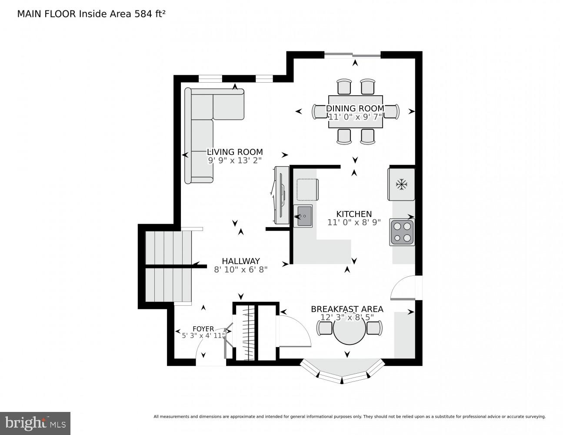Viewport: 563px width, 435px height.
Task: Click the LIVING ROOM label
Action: pyautogui.click(x=235, y=152)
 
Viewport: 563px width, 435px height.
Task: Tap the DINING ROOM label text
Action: pyautogui.click(x=355, y=108)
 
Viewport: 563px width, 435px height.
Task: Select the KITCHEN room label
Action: pyautogui.click(x=354, y=214)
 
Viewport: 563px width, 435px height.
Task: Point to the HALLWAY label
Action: pyautogui.click(x=240, y=261)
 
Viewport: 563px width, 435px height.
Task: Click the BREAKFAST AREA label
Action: pyautogui.click(x=347, y=309)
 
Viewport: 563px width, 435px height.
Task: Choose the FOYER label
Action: pyautogui.click(x=203, y=329)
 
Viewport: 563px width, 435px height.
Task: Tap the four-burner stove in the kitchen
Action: pyautogui.click(x=402, y=232)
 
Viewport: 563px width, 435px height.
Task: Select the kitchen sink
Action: pyautogui.click(x=303, y=216)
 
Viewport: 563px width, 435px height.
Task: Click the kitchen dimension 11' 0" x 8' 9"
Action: pyautogui.click(x=354, y=222)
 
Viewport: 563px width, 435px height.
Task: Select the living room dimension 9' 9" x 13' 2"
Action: pyautogui.click(x=235, y=160)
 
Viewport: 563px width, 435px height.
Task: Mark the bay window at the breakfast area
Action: pyautogui.click(x=342, y=372)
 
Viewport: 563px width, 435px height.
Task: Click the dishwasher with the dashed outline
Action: pyautogui.click(x=307, y=189)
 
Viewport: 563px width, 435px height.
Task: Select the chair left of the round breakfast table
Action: pyautogui.click(x=325, y=328)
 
